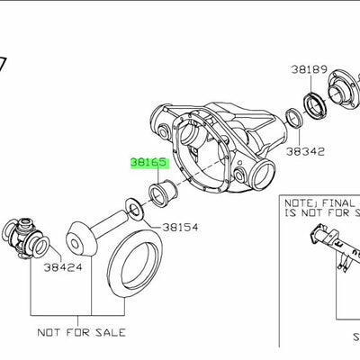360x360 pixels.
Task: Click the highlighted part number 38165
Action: pos(149,163)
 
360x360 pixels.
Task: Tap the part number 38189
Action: pos(308,68)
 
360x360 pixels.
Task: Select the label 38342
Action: pos(306,153)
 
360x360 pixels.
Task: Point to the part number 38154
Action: pos(180,229)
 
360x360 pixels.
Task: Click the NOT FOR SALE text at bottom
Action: pos(88,333)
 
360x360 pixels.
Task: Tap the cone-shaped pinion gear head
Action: pos(82,238)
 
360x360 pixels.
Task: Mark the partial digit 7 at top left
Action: pos(3,65)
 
